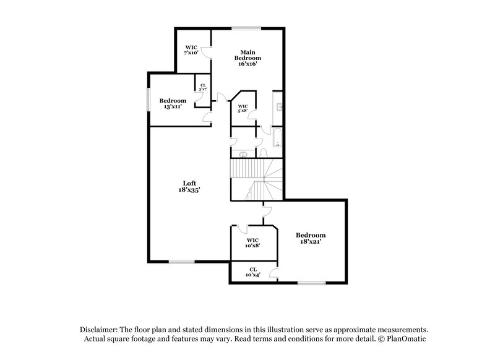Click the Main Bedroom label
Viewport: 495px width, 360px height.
[x=247, y=54]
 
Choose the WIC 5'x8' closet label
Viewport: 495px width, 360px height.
[x=243, y=109]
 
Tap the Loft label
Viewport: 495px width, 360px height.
[x=189, y=182]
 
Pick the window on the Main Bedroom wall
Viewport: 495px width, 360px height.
[x=246, y=27]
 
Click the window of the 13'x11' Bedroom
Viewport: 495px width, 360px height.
[x=148, y=100]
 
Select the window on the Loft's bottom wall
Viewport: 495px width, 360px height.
[x=182, y=262]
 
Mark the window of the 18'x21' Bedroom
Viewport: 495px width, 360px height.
[x=311, y=283]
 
